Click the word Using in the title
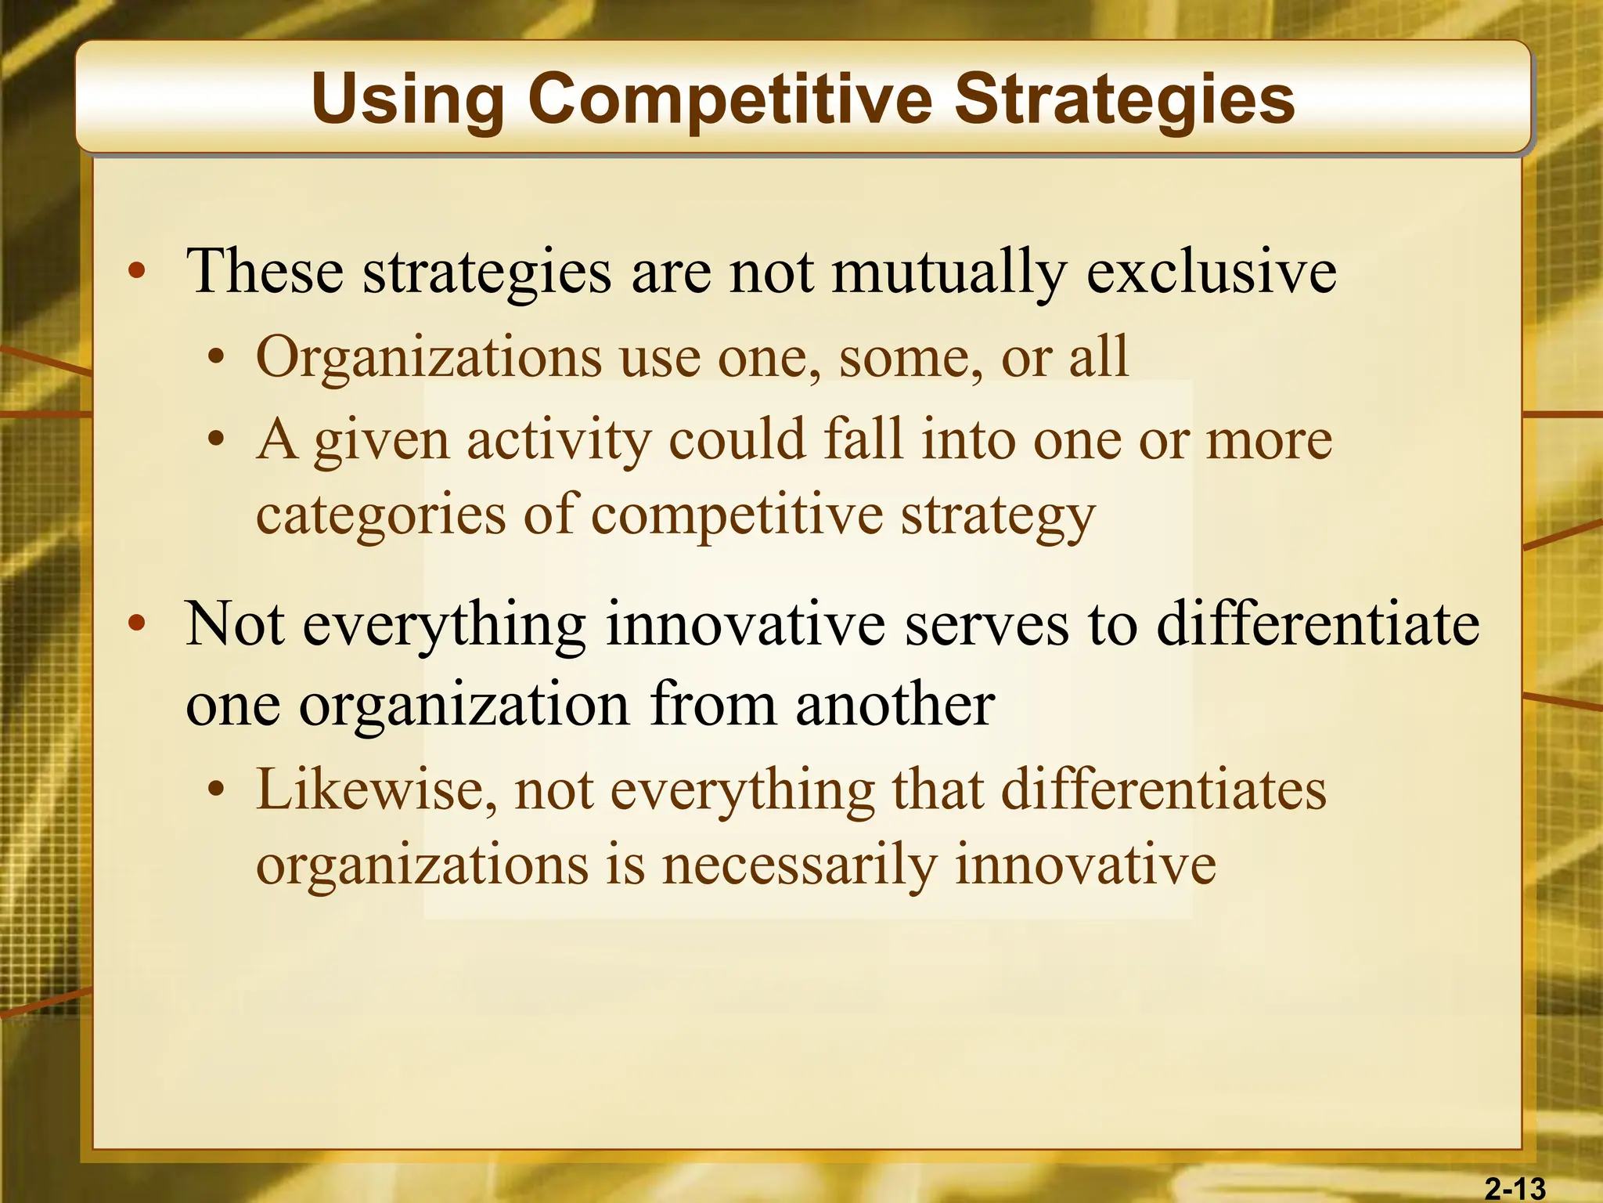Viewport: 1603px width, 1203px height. [x=408, y=99]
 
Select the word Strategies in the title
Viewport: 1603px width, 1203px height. [x=1124, y=99]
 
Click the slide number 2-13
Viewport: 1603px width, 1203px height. [x=1515, y=1188]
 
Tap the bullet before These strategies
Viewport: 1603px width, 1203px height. [x=138, y=272]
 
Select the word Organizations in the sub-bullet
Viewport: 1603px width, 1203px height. [x=429, y=357]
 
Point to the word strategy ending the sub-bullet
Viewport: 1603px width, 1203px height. [x=997, y=515]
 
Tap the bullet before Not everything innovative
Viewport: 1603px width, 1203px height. [x=138, y=624]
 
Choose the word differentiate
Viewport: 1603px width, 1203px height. [x=1318, y=624]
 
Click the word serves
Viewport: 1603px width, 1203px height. [x=986, y=624]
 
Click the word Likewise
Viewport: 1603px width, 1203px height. [x=376, y=789]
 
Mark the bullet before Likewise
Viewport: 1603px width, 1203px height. [x=216, y=789]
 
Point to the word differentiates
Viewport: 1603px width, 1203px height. [x=1164, y=789]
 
